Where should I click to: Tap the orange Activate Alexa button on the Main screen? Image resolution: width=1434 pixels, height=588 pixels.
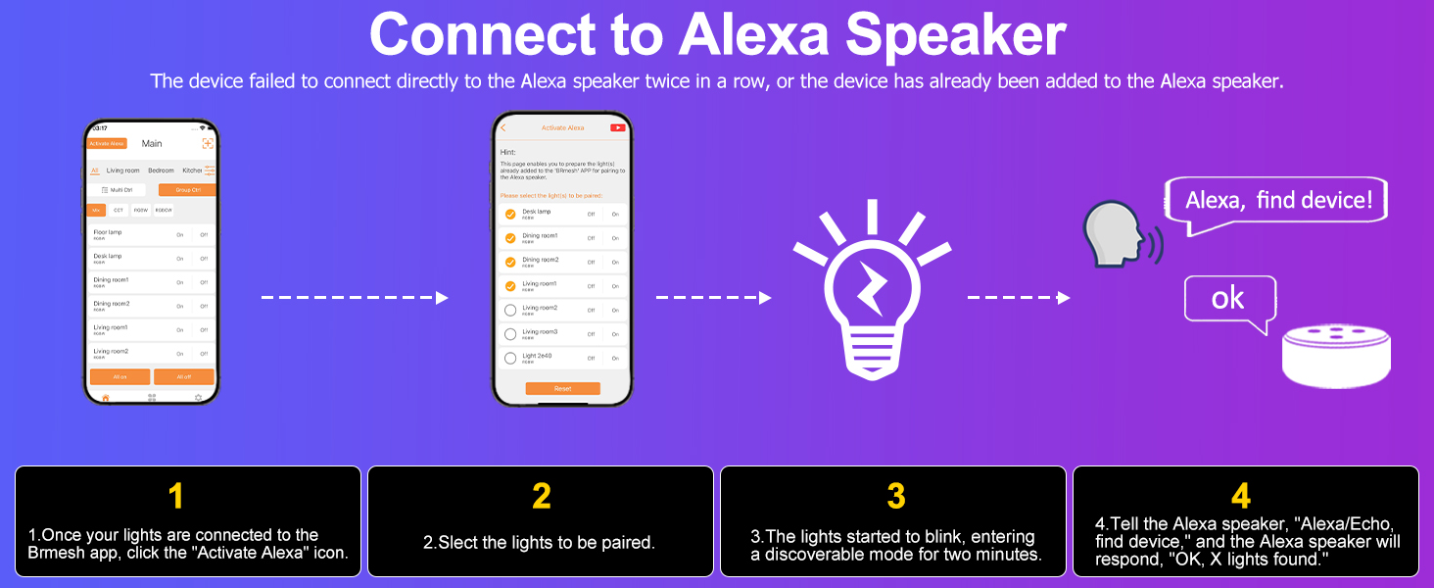107,143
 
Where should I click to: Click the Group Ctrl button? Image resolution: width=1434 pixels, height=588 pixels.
187,189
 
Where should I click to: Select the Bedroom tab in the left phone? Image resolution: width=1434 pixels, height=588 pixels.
161,171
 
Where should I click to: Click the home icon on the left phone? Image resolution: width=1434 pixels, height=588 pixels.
106,397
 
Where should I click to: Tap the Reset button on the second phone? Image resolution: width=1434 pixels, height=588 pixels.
562,388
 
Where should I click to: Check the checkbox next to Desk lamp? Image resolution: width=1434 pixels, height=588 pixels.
509,214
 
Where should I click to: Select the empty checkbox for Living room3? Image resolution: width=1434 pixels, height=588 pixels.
509,334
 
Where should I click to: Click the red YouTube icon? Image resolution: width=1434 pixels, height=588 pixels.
618,127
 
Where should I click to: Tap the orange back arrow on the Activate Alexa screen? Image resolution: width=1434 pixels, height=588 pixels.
503,128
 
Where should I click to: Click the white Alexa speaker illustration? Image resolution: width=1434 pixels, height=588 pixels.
1335,357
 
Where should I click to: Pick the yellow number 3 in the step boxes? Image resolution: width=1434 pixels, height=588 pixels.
895,496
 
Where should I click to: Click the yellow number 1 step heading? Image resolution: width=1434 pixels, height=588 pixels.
176,496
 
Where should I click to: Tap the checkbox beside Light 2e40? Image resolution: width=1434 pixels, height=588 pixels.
509,359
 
